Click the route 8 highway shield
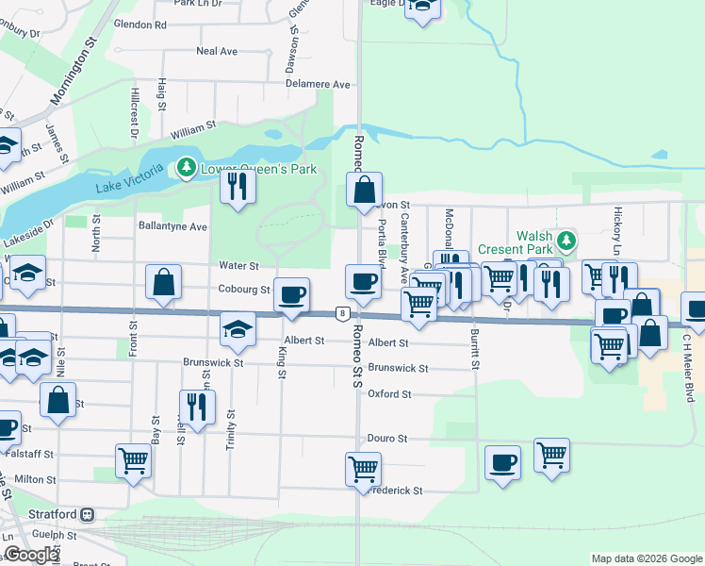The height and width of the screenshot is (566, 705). (342, 313)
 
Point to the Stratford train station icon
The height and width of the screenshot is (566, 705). (87, 515)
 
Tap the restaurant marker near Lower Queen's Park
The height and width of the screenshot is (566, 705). (238, 186)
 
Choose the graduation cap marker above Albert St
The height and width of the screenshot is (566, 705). (238, 328)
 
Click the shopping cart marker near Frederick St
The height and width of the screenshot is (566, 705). (364, 467)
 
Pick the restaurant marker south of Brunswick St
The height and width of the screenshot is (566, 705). (197, 406)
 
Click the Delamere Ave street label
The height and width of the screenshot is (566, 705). (319, 84)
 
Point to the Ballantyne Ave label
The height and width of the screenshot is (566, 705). (172, 226)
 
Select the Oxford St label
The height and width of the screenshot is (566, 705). (389, 393)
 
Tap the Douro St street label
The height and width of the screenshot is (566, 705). (387, 439)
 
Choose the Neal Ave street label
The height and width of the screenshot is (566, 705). (217, 51)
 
